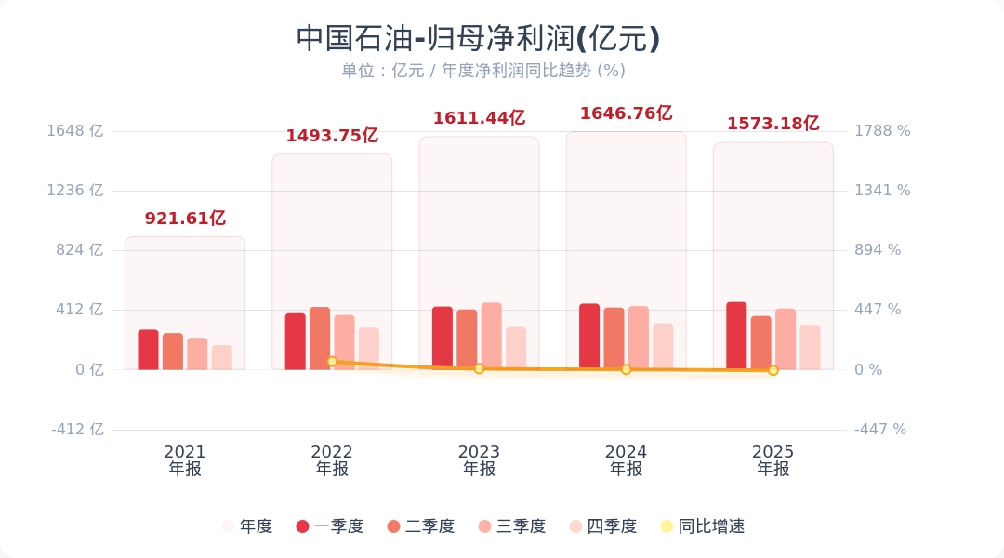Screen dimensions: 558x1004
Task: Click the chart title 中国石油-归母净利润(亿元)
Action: coord(478,39)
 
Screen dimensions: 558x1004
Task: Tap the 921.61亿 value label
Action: coord(185,219)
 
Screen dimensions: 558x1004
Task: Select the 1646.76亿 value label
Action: coord(626,113)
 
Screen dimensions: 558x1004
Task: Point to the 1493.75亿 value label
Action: coord(332,136)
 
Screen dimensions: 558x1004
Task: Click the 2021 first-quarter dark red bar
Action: coord(148,350)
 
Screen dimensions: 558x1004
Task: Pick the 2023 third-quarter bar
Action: coord(491,336)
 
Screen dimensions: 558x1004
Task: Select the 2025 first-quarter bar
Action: coord(736,336)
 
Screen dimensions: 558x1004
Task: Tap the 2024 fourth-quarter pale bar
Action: coord(663,346)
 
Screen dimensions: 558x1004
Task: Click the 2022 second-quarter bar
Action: coord(320,339)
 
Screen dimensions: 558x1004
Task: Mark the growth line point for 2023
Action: coord(479,368)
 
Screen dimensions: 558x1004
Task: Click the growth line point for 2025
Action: coord(773,370)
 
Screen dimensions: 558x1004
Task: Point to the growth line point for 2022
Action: coord(332,361)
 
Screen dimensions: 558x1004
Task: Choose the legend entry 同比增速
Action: coord(702,526)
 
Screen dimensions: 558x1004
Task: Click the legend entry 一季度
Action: coord(330,526)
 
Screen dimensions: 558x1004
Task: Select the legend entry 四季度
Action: coord(603,526)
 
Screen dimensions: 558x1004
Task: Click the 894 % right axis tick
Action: coord(878,250)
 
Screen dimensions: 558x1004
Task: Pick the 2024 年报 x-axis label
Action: coord(626,460)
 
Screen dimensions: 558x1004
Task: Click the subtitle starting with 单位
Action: coord(482,71)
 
